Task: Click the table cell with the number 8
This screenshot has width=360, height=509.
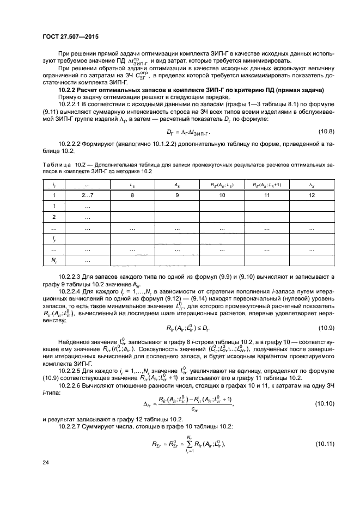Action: [x=133, y=194]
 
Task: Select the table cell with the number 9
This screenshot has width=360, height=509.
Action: [x=178, y=194]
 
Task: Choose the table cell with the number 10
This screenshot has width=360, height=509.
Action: [x=222, y=194]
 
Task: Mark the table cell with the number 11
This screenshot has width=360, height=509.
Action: [x=266, y=194]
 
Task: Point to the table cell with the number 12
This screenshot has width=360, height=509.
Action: [x=311, y=194]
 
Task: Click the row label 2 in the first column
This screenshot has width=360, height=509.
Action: [x=53, y=217]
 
